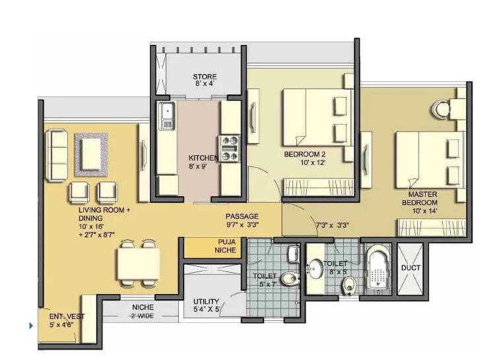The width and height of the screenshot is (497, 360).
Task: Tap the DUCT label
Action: [410, 268]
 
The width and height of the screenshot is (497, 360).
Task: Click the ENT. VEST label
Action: [61, 320]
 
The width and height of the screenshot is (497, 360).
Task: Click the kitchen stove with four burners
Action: [229, 148]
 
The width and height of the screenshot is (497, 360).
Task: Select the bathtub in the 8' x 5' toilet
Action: [377, 271]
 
